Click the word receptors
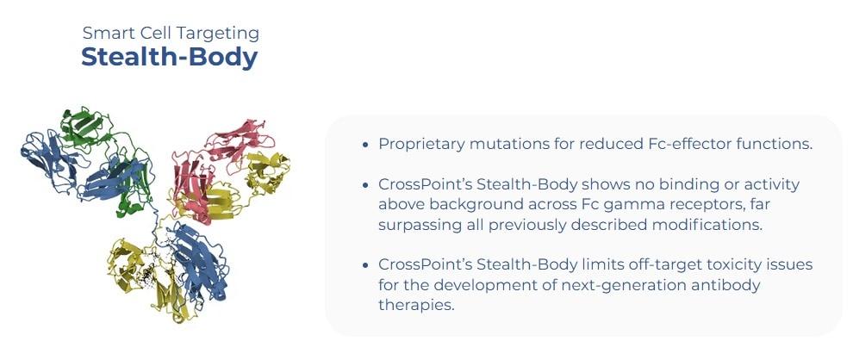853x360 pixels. [x=690, y=205]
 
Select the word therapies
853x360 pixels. [x=415, y=305]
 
